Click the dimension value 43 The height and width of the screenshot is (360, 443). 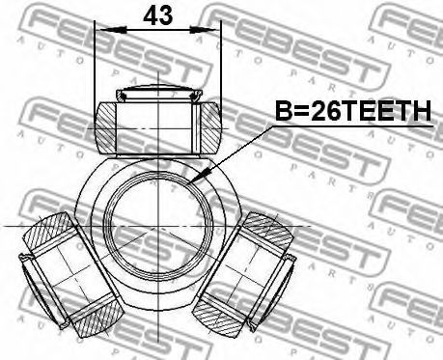(x=158, y=15)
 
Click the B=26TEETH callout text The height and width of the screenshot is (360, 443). (x=353, y=110)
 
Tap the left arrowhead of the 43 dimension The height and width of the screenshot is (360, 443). (x=113, y=30)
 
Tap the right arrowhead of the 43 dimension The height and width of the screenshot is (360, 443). (x=203, y=30)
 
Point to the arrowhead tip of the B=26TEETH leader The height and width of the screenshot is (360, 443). (x=189, y=183)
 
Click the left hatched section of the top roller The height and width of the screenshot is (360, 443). (x=105, y=127)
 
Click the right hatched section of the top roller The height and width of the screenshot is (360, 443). (x=211, y=127)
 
